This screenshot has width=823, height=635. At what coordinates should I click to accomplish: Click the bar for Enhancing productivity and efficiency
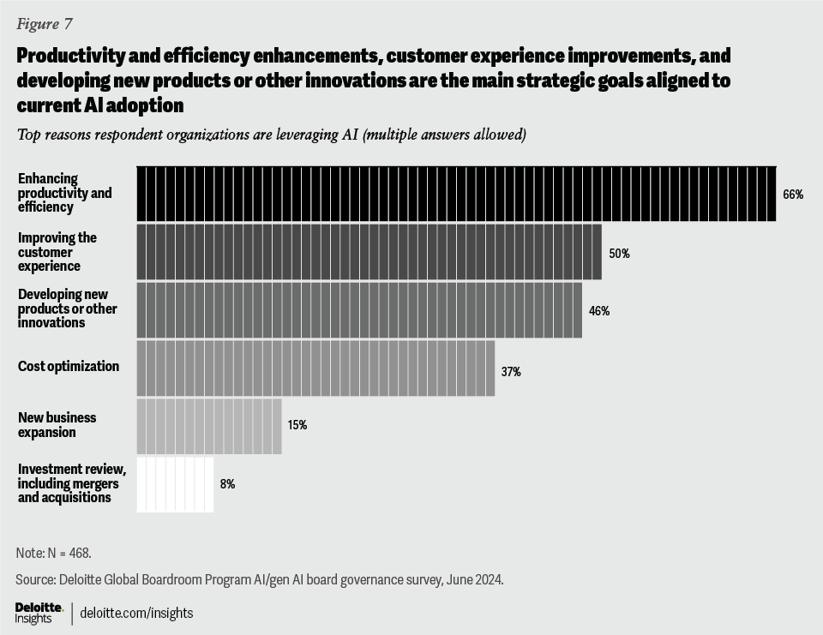[x=456, y=194]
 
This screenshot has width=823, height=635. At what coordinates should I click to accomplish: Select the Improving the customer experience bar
[x=369, y=252]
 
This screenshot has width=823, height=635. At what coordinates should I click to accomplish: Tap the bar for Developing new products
[x=359, y=309]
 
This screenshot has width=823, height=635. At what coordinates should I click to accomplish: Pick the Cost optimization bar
[x=315, y=368]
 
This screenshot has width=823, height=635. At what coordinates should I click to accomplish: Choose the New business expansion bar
[x=209, y=426]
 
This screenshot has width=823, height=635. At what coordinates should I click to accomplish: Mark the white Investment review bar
[x=175, y=484]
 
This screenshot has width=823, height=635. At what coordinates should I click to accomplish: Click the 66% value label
[x=792, y=195]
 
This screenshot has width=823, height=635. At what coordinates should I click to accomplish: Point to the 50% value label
[x=619, y=254]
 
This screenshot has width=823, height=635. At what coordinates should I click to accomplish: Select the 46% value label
[x=599, y=311]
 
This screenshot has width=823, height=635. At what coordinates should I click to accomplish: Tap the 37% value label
[x=511, y=372]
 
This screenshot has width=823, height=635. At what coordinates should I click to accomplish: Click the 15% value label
[x=297, y=425]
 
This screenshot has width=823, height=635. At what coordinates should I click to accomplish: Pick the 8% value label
[x=227, y=484]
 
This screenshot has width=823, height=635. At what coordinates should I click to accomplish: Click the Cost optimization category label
[x=69, y=367]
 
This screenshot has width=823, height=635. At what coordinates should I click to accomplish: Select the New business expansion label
[x=57, y=425]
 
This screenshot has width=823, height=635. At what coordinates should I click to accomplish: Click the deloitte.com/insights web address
[x=137, y=613]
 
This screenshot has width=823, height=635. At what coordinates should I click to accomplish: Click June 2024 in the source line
[x=477, y=579]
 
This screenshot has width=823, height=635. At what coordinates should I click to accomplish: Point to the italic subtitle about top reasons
[x=271, y=135]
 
